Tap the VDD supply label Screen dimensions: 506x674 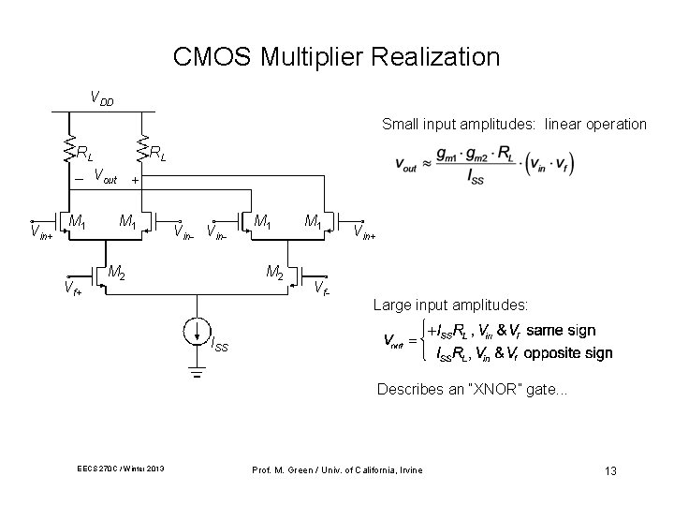point(100,97)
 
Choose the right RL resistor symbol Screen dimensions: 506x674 point(142,147)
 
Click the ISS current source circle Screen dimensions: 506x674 point(197,333)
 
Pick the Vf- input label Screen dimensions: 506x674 point(320,288)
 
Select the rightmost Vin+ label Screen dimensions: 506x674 point(363,231)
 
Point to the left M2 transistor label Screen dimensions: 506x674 point(117,273)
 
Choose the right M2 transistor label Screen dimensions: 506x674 point(275,273)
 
